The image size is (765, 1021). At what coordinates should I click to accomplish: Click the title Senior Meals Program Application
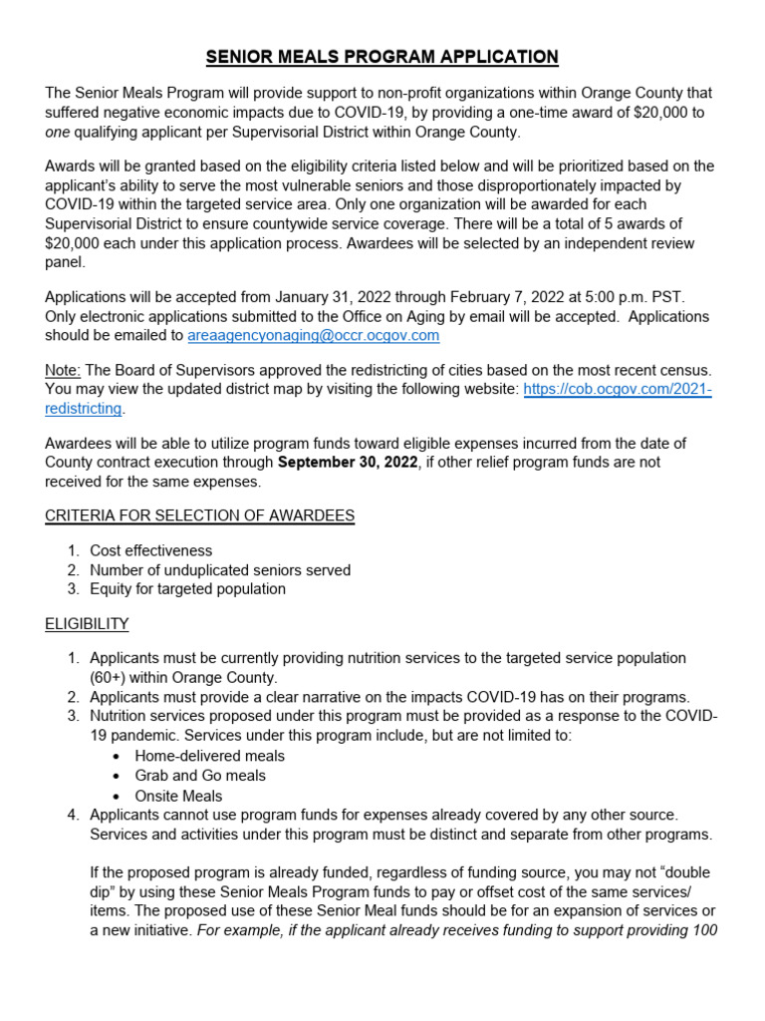(382, 57)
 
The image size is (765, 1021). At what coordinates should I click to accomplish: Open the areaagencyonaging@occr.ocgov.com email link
(313, 336)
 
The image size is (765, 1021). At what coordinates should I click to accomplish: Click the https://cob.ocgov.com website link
(618, 390)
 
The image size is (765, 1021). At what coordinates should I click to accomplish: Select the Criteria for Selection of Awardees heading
(199, 515)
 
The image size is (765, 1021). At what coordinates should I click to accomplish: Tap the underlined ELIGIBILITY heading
(87, 623)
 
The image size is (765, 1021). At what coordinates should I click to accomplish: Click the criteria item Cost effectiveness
(150, 550)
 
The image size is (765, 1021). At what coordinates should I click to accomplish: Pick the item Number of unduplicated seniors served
(219, 570)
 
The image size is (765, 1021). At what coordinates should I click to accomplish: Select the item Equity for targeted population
(187, 589)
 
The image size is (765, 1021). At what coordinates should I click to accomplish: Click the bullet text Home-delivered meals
(209, 756)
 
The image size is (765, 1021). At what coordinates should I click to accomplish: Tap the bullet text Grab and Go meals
(200, 776)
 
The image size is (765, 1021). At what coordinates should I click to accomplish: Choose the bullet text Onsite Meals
(178, 796)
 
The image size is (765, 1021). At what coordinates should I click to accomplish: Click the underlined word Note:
(64, 371)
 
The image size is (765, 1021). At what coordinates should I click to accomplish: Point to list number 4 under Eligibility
(74, 815)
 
